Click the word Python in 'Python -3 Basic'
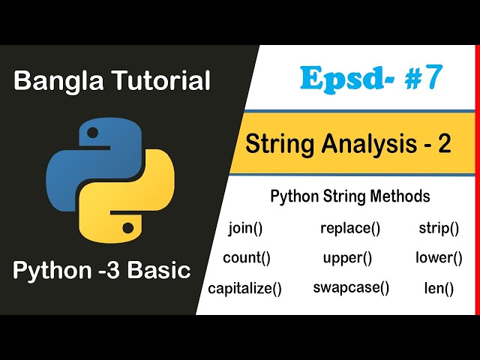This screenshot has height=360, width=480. (x=49, y=271)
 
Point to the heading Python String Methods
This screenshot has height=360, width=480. (x=349, y=197)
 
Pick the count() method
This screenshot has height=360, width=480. (x=247, y=259)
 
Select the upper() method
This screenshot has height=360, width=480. (x=347, y=259)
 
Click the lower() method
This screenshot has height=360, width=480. (x=439, y=259)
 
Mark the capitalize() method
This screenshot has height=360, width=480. (x=245, y=288)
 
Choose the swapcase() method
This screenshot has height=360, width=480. (x=351, y=287)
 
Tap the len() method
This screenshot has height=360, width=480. (x=439, y=288)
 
